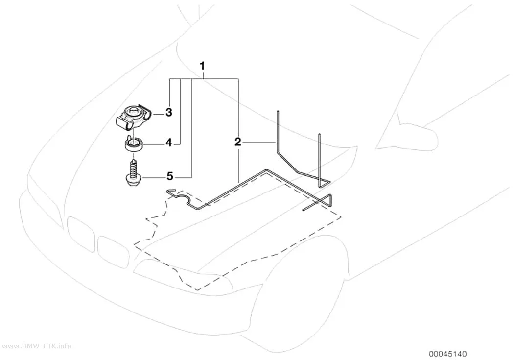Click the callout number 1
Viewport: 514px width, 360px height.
click(x=202, y=66)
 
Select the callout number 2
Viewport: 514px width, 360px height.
click(x=237, y=143)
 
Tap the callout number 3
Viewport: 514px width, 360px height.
click(x=168, y=113)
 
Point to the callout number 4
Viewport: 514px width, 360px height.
click(x=168, y=143)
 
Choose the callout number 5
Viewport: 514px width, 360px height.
click(x=169, y=176)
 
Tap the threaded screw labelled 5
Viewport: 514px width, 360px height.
click(x=133, y=173)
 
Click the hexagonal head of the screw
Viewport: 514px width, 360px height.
click(x=133, y=181)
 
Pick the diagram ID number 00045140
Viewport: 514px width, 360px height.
click(x=448, y=354)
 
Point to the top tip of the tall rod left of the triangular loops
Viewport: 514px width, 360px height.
click(x=278, y=112)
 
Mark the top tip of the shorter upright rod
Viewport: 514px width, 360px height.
click(x=319, y=134)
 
